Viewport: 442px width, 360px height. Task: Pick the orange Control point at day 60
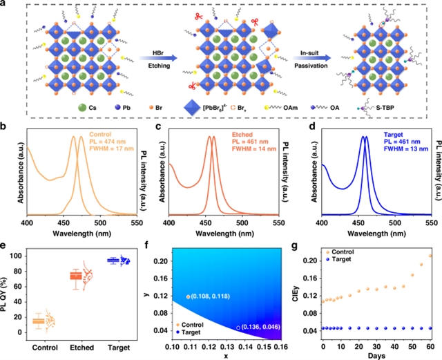tap(431, 256)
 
